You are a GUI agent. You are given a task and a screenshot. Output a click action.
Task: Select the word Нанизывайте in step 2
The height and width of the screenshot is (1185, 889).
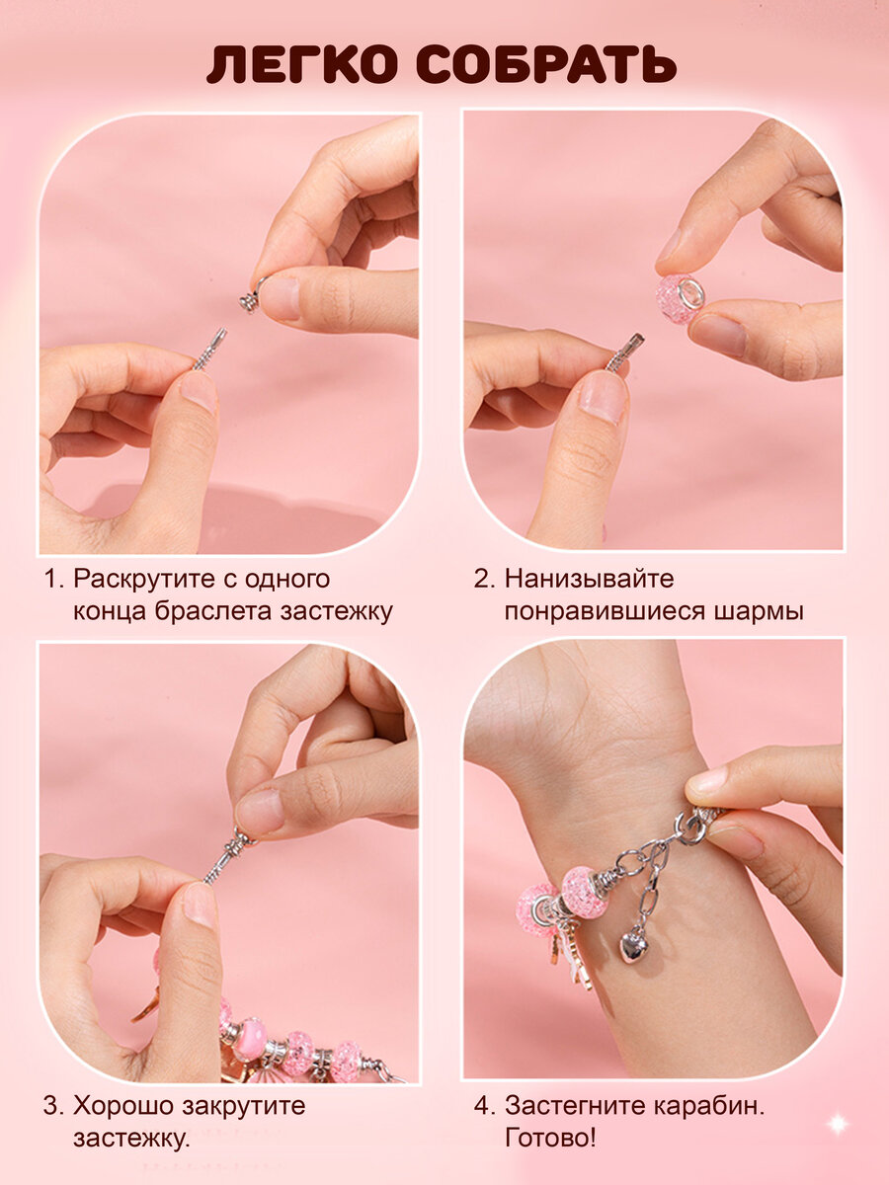(x=590, y=579)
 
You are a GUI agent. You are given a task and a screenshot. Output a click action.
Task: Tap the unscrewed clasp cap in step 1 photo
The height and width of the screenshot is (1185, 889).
(x=252, y=296)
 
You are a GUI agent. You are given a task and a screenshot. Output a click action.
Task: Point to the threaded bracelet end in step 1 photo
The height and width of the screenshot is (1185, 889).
(x=210, y=349)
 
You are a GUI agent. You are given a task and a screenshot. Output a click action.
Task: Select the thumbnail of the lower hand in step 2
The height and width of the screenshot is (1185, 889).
(x=603, y=396)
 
